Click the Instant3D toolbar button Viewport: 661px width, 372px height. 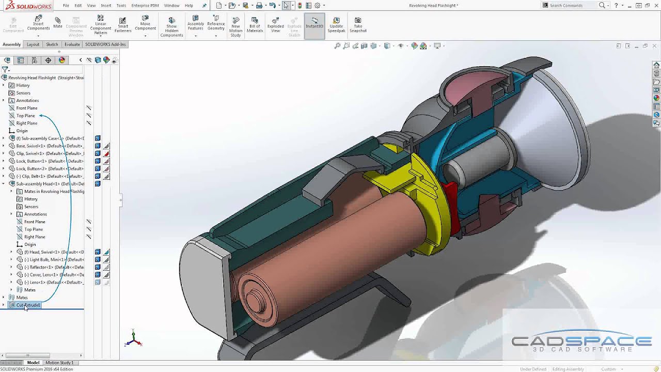click(314, 24)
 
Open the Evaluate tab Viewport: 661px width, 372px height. click(72, 44)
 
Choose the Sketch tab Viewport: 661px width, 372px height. click(52, 44)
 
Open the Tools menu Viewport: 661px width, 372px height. click(121, 6)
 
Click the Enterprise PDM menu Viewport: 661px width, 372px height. click(145, 6)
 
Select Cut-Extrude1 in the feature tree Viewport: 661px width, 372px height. click(28, 305)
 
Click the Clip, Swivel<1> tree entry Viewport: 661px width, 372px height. click(49, 153)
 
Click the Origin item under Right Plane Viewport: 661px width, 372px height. click(22, 131)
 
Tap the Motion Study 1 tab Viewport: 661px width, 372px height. click(59, 363)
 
